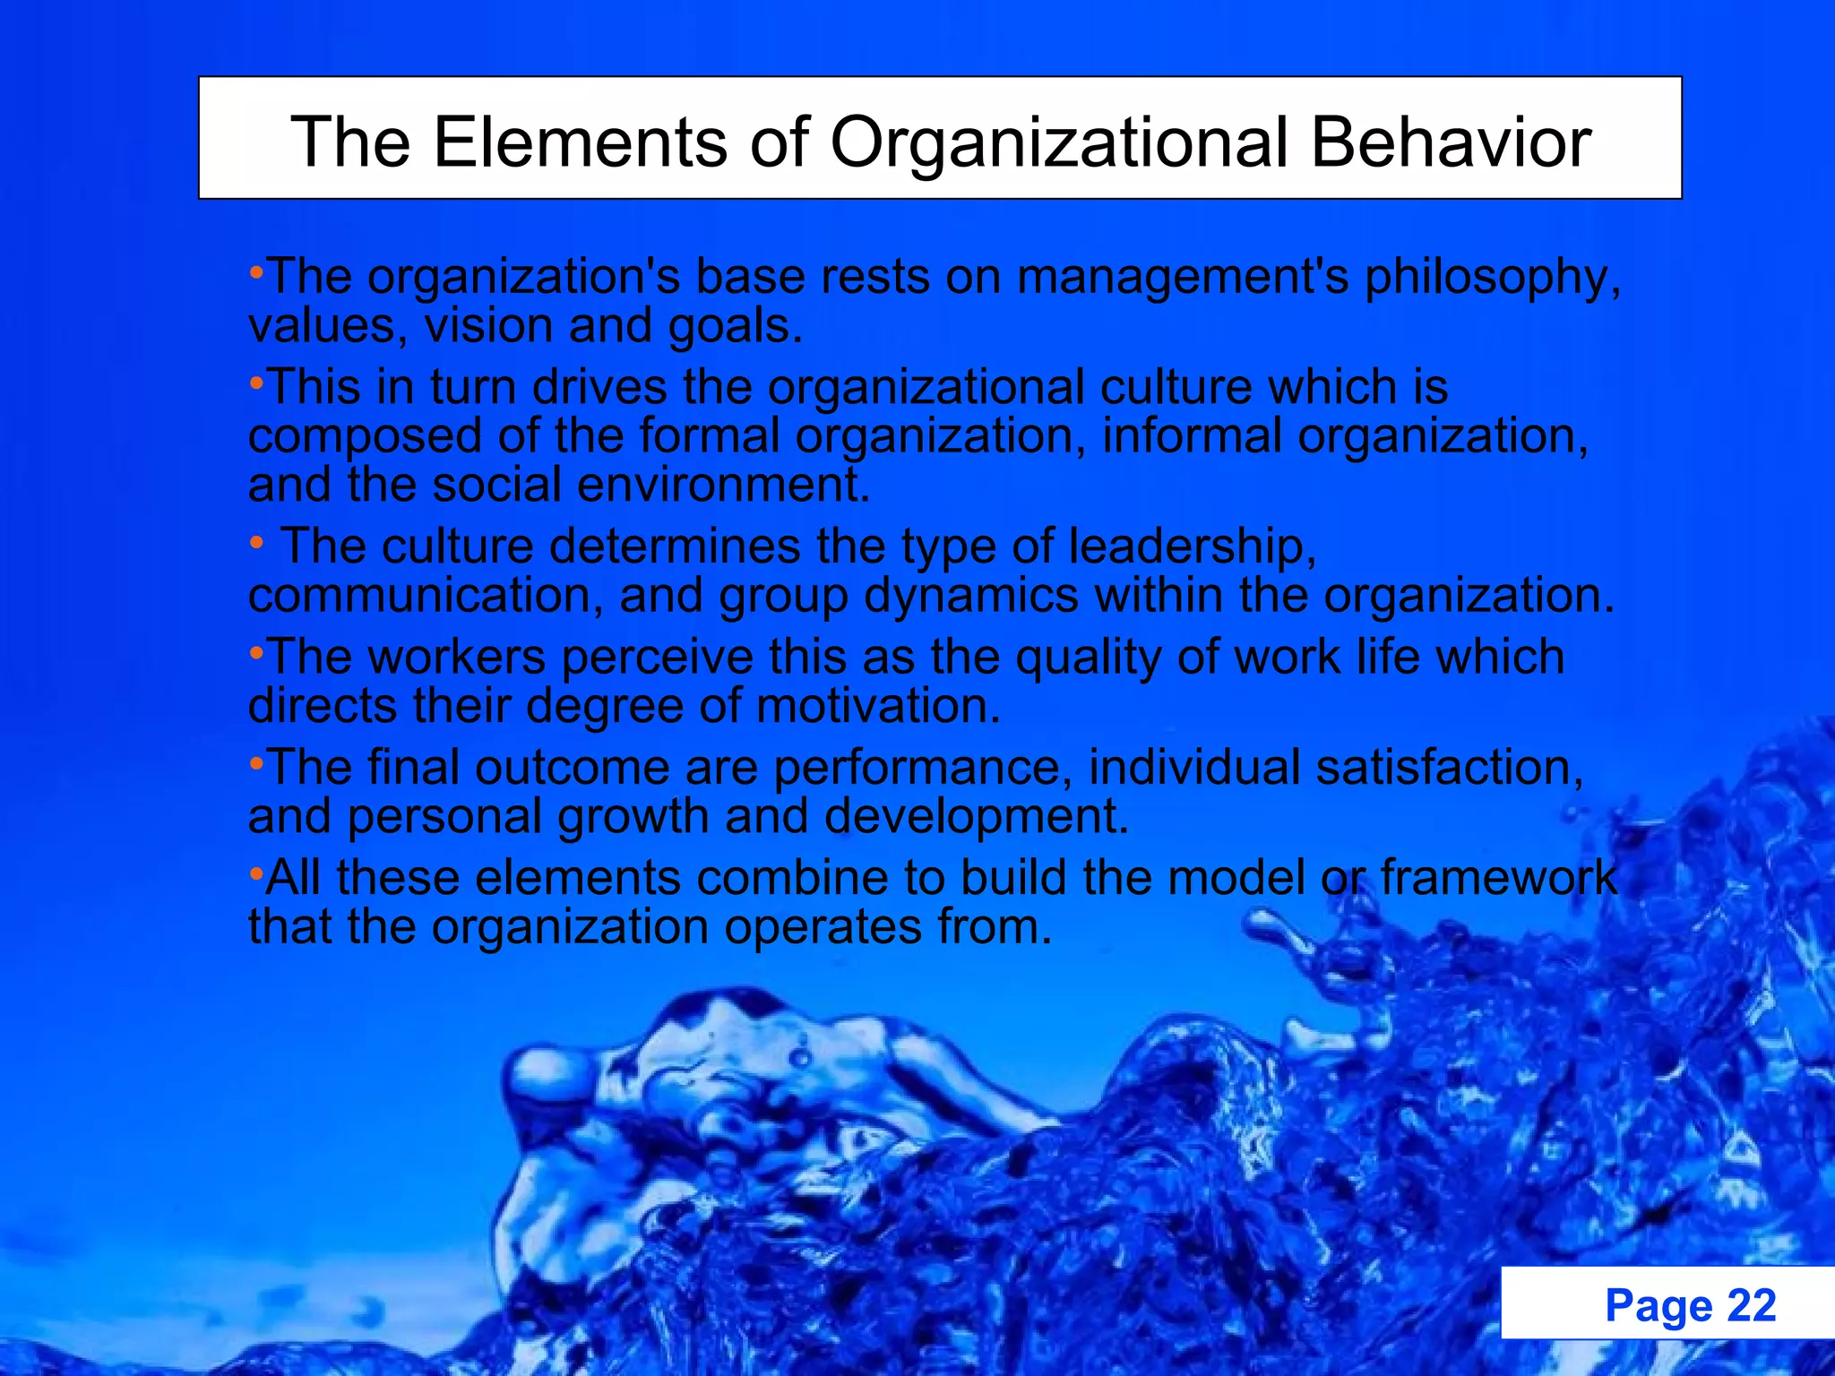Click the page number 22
coord(1751,1305)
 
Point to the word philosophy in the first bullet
coord(1493,278)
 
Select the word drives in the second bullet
coord(600,387)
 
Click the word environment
coord(723,485)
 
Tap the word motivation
coord(878,706)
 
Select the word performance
coord(923,769)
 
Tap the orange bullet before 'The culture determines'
coord(256,543)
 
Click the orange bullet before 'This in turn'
coord(256,384)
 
